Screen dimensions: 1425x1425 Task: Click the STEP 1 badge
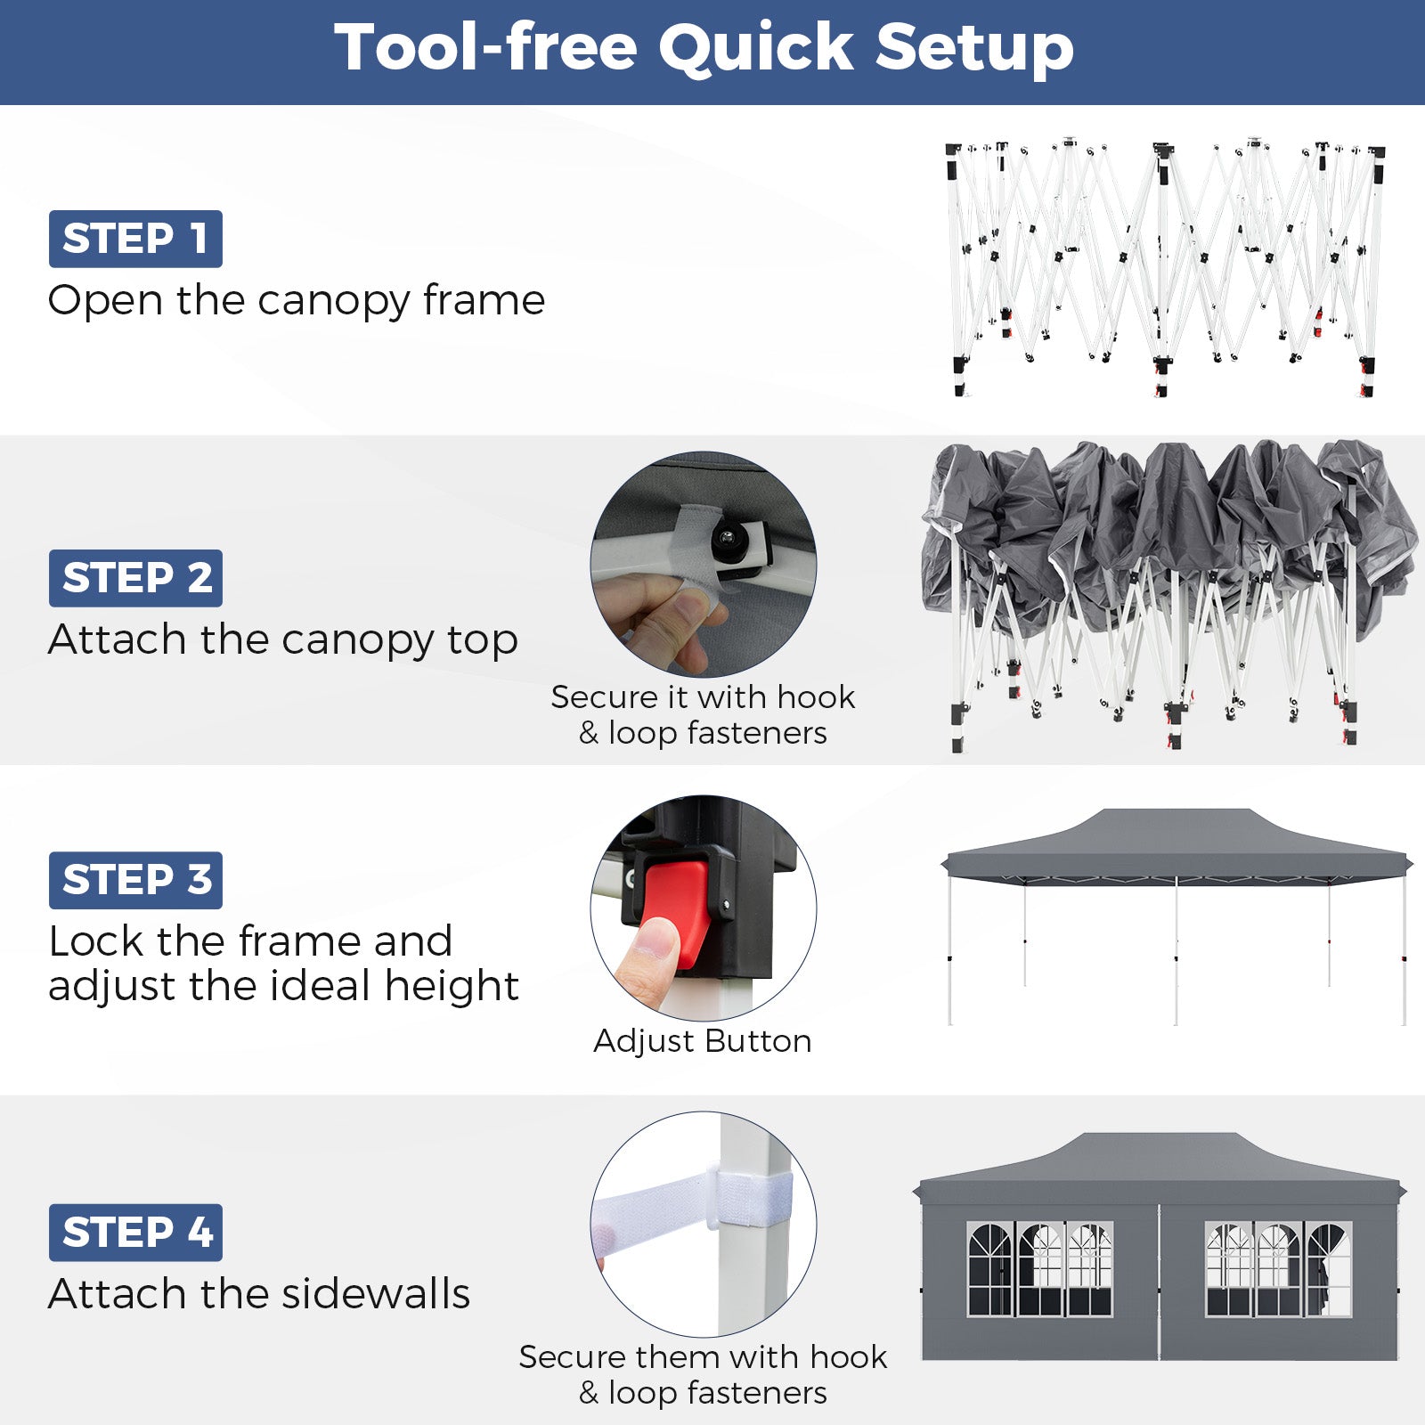point(135,239)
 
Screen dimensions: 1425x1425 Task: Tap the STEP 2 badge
point(135,578)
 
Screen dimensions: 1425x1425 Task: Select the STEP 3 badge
point(135,880)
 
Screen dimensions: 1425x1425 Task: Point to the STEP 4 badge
point(135,1233)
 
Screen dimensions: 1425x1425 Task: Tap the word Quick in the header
point(756,48)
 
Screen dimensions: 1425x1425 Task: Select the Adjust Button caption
point(703,1040)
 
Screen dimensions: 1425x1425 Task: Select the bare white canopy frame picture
point(1165,268)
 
